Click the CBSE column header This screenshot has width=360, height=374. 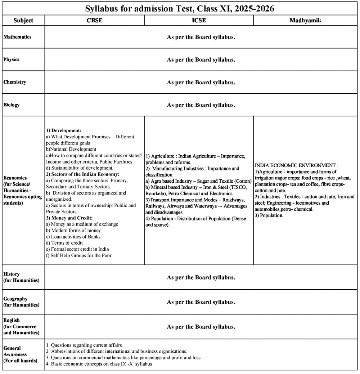pos(94,21)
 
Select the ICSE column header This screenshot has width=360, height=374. pos(199,21)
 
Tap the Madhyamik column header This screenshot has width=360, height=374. pos(305,21)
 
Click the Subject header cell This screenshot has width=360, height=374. pos(23,21)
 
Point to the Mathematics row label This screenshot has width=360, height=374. pos(17,37)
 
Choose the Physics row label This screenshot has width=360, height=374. pos(12,59)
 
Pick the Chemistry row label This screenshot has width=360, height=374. pos(15,82)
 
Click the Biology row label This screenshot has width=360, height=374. pos(12,105)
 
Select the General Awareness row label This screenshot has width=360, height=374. pos(20,354)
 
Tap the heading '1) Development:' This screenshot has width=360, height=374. pos(64,130)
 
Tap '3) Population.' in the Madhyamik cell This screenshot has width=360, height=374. pos(269,215)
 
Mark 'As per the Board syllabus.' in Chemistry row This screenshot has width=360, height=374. pos(201,82)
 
